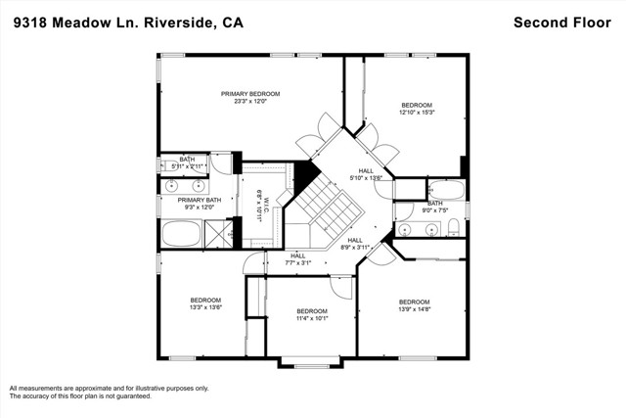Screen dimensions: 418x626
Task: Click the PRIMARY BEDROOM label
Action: [x=249, y=93]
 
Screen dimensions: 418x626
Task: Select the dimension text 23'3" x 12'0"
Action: [x=249, y=101]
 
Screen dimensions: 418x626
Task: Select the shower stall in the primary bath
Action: [x=217, y=234]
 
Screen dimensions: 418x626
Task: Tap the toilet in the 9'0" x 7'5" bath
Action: [x=453, y=228]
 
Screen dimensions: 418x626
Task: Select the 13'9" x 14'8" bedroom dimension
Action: [x=414, y=309]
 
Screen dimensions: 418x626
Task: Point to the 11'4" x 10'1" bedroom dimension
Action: [x=313, y=318]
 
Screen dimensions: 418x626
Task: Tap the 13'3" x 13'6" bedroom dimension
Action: [x=205, y=307]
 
